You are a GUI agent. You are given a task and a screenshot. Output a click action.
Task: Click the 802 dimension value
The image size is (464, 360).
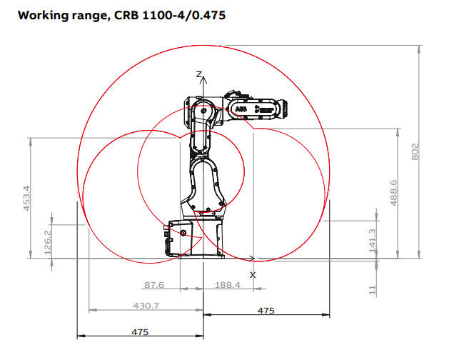[415, 152]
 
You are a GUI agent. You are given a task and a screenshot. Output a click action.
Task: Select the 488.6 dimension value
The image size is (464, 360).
[393, 193]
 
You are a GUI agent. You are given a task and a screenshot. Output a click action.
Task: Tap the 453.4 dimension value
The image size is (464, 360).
[26, 198]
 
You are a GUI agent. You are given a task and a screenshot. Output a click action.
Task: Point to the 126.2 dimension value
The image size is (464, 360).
[47, 242]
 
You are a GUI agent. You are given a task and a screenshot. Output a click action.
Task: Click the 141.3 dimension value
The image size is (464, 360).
[372, 241]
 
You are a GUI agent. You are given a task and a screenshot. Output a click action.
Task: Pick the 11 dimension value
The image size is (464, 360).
[372, 290]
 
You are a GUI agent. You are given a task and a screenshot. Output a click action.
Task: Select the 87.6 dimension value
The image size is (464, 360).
[154, 285]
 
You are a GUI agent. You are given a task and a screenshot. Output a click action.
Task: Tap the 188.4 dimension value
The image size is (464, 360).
[228, 285]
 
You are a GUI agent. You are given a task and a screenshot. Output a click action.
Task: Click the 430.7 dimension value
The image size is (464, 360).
[146, 305]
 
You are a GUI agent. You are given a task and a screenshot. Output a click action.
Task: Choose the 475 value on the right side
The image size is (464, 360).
[266, 311]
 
